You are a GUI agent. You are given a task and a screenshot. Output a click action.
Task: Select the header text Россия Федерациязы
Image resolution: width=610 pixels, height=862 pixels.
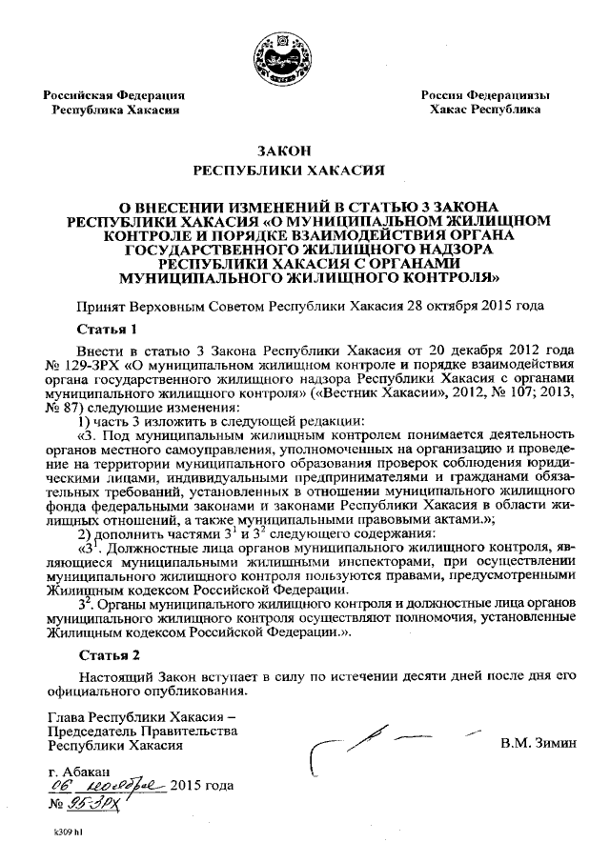485,95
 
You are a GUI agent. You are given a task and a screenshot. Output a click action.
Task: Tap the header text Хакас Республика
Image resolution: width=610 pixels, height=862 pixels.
485,110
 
